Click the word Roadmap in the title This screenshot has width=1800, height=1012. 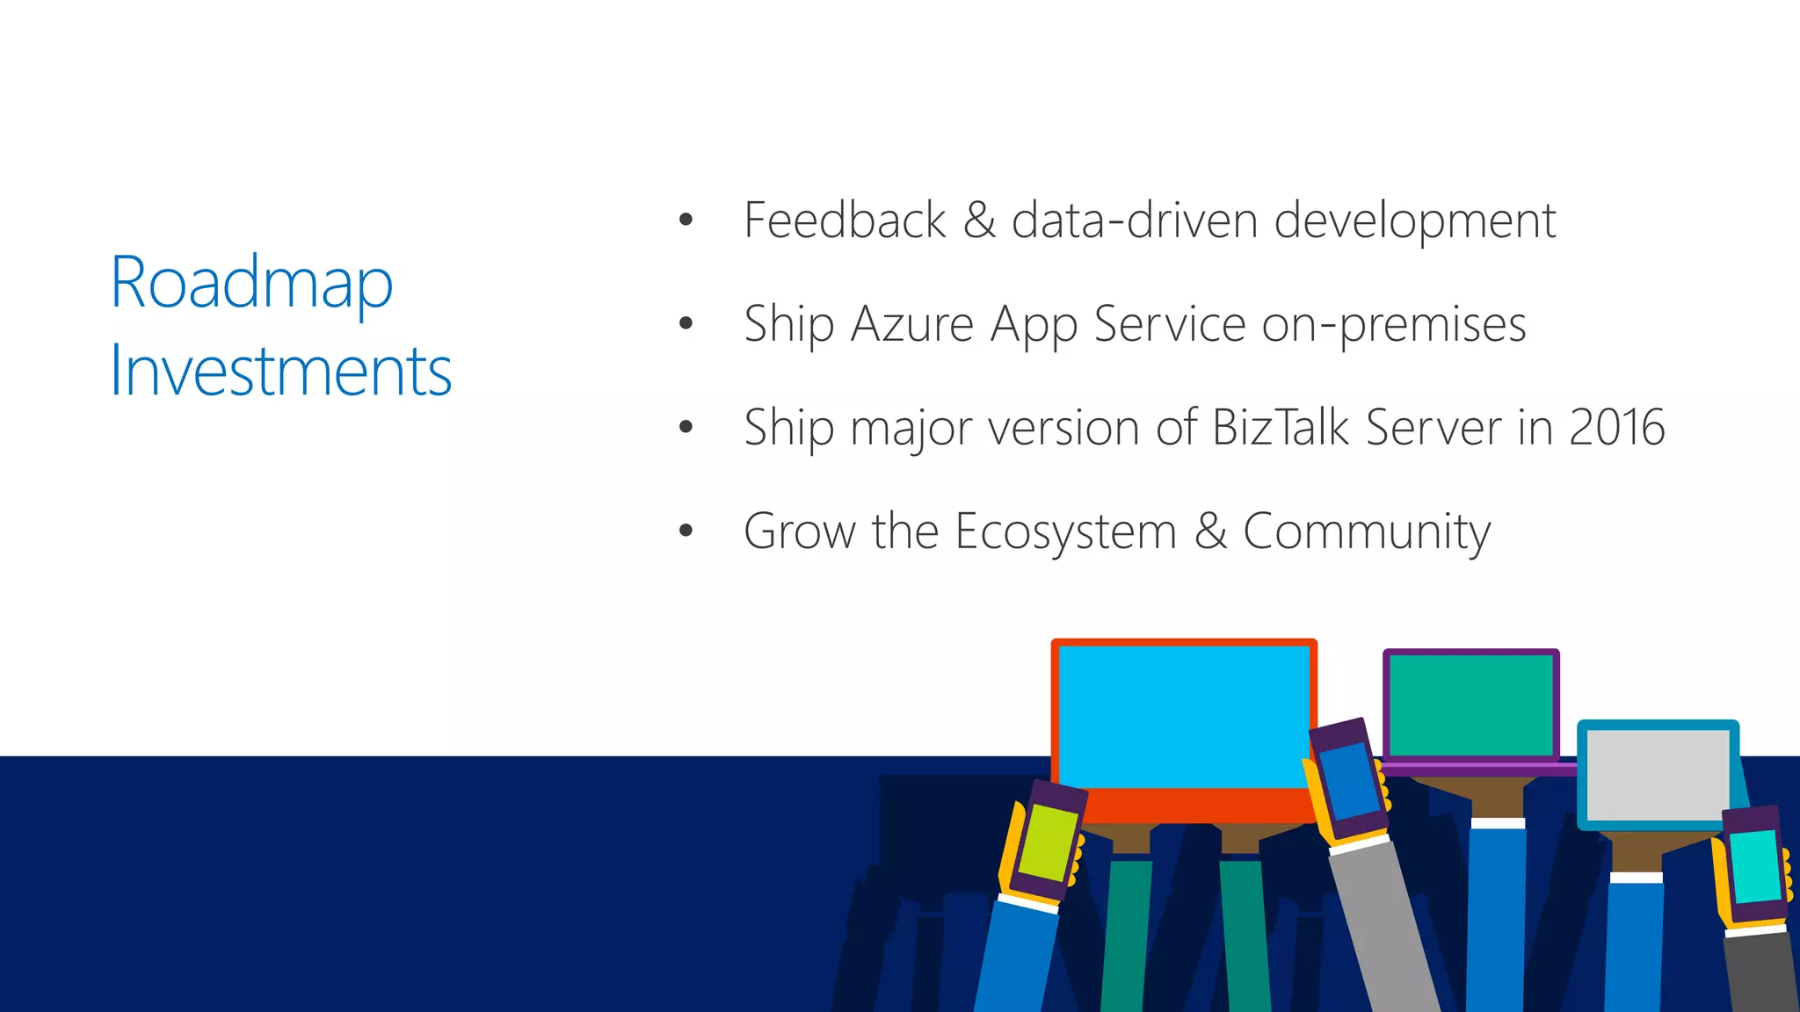click(x=251, y=284)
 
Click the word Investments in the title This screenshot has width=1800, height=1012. click(x=280, y=372)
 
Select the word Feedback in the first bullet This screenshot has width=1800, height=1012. click(x=845, y=220)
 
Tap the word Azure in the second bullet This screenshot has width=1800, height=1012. click(x=912, y=324)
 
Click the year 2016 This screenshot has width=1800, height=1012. click(x=1616, y=428)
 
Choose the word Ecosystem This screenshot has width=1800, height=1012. click(x=1065, y=531)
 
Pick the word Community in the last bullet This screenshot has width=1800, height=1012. click(x=1367, y=531)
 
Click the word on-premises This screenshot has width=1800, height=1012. click(x=1394, y=324)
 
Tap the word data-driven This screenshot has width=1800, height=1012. click(x=1135, y=220)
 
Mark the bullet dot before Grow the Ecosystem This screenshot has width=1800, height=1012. click(x=686, y=531)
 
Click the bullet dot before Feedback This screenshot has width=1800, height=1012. click(x=686, y=220)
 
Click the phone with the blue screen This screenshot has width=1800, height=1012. click(x=1347, y=779)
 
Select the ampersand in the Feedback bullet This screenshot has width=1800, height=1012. click(x=979, y=220)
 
